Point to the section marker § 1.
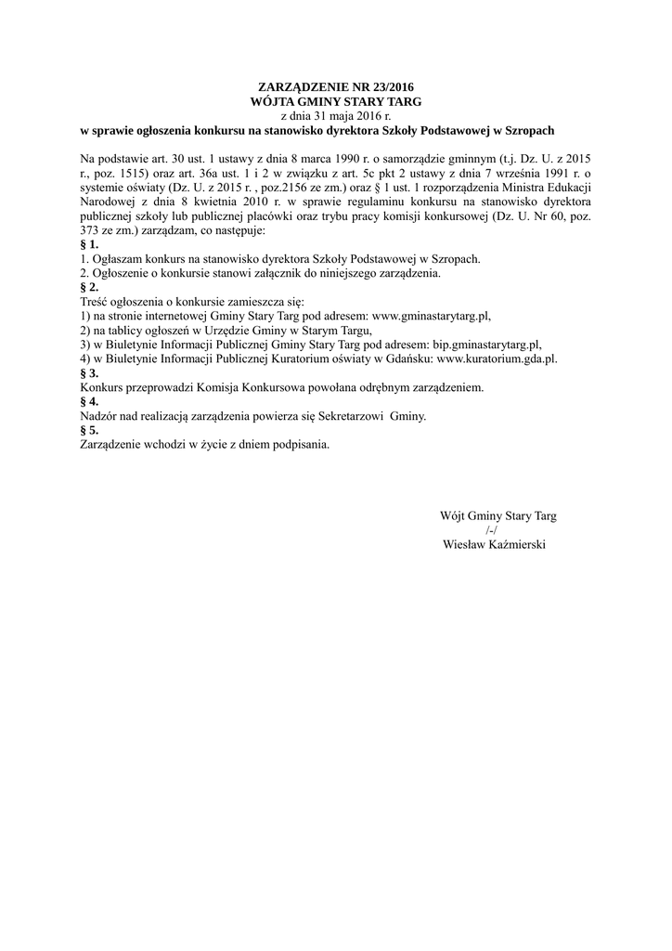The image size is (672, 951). click(x=90, y=244)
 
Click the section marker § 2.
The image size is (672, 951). click(x=90, y=288)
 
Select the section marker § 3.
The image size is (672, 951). click(x=90, y=372)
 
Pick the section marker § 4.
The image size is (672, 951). click(x=90, y=402)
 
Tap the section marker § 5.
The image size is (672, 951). click(x=90, y=431)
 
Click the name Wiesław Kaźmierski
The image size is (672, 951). click(x=496, y=544)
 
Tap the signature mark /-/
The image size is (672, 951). click(x=492, y=530)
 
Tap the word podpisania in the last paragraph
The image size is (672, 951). click(x=299, y=445)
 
